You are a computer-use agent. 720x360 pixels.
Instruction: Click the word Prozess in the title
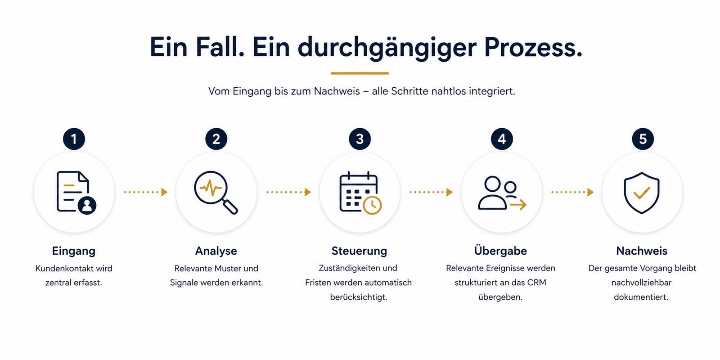(533, 47)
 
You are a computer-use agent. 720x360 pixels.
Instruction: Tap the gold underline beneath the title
(360, 73)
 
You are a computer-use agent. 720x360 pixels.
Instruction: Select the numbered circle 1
(74, 139)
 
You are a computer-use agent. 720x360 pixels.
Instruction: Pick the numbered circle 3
(360, 139)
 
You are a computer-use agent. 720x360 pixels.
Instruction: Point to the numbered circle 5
(643, 139)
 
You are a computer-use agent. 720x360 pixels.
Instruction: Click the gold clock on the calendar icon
(372, 205)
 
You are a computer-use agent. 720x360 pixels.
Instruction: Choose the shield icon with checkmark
(642, 193)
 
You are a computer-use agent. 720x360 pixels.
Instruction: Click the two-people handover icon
(502, 193)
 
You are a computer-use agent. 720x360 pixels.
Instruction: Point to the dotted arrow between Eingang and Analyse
(146, 192)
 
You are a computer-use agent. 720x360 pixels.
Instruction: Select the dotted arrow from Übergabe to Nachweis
(572, 192)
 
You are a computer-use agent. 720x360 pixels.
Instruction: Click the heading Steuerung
(360, 251)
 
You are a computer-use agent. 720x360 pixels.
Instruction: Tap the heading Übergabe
(500, 250)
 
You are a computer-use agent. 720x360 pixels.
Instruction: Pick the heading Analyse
(216, 251)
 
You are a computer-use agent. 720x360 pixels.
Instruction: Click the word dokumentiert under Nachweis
(641, 297)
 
